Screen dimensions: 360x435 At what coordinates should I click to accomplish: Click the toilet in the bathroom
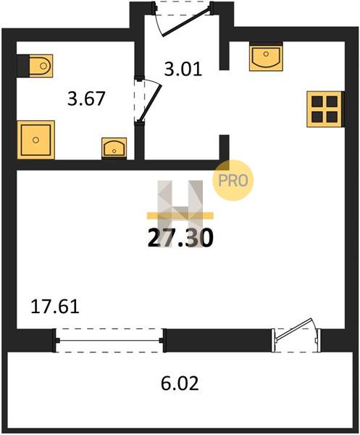(x=35, y=66)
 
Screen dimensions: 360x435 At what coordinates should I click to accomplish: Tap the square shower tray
(x=35, y=140)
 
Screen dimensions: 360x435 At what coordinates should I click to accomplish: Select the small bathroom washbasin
(x=114, y=149)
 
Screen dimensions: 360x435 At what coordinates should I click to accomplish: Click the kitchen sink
(x=266, y=57)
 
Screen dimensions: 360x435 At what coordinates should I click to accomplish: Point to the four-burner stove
(x=325, y=109)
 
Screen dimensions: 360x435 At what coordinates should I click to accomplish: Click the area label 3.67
(x=86, y=99)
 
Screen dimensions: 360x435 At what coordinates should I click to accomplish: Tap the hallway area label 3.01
(x=183, y=70)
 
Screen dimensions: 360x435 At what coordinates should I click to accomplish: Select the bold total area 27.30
(x=180, y=239)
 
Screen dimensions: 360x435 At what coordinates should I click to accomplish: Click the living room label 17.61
(x=55, y=307)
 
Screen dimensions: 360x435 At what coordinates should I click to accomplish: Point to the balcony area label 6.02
(x=180, y=384)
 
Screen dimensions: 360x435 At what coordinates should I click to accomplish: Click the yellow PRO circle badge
(x=233, y=181)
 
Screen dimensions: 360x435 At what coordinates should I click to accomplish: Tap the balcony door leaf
(x=294, y=329)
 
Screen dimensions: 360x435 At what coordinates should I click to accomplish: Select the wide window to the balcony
(x=109, y=341)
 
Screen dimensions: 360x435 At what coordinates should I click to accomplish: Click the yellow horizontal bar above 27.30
(x=180, y=215)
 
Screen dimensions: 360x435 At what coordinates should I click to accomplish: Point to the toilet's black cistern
(x=23, y=66)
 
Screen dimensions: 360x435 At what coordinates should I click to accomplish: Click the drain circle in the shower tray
(x=35, y=140)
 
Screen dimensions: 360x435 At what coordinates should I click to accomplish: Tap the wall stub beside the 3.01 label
(x=225, y=56)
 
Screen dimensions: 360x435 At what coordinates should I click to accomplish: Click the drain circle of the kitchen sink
(x=266, y=54)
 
